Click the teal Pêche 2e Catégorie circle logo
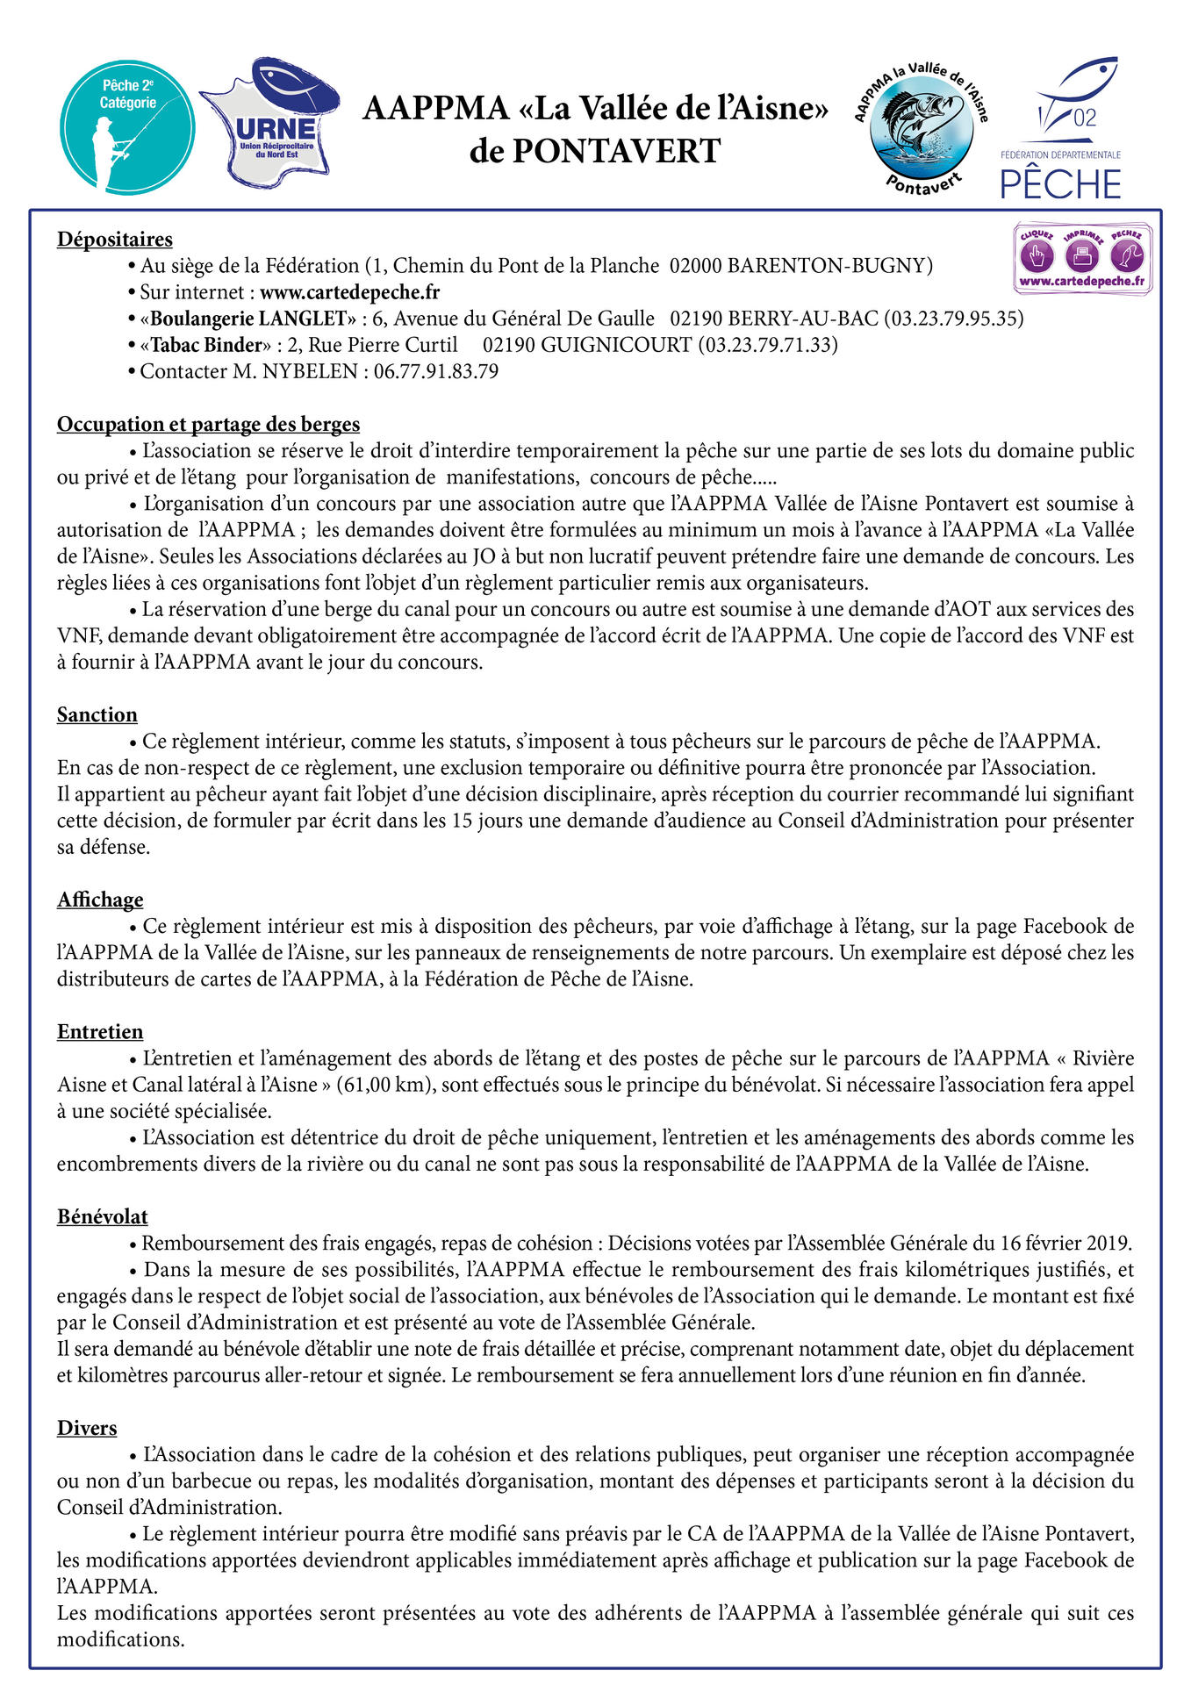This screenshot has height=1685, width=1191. click(127, 126)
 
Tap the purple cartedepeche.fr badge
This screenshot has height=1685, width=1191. click(1082, 258)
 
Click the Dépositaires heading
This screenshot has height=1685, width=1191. click(115, 240)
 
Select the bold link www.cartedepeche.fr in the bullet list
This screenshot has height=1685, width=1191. click(349, 292)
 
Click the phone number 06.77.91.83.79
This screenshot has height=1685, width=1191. click(436, 371)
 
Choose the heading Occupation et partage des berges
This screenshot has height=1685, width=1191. click(208, 425)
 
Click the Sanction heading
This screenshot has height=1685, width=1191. click(97, 715)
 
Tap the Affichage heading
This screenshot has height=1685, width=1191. click(100, 900)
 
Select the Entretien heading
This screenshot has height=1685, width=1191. click(100, 1032)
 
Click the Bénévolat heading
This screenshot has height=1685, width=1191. click(103, 1216)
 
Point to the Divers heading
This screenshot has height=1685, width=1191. click(87, 1428)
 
